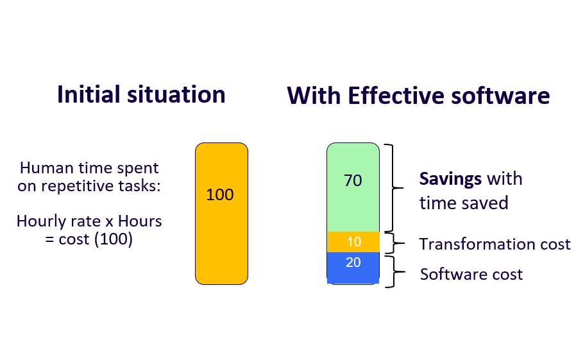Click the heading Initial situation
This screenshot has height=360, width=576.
[x=141, y=94]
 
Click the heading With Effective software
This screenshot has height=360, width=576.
[x=418, y=96]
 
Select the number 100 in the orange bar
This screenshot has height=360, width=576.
[x=220, y=194]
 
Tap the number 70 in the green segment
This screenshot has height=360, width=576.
[x=353, y=181]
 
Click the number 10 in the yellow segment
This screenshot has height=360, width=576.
[x=353, y=242]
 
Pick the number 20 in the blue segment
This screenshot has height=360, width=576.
[x=353, y=262]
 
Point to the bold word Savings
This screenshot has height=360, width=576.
[x=450, y=178]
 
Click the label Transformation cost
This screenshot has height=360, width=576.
[x=495, y=244]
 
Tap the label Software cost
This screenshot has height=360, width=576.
[x=471, y=275]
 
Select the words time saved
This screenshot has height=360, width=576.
[x=464, y=203]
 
